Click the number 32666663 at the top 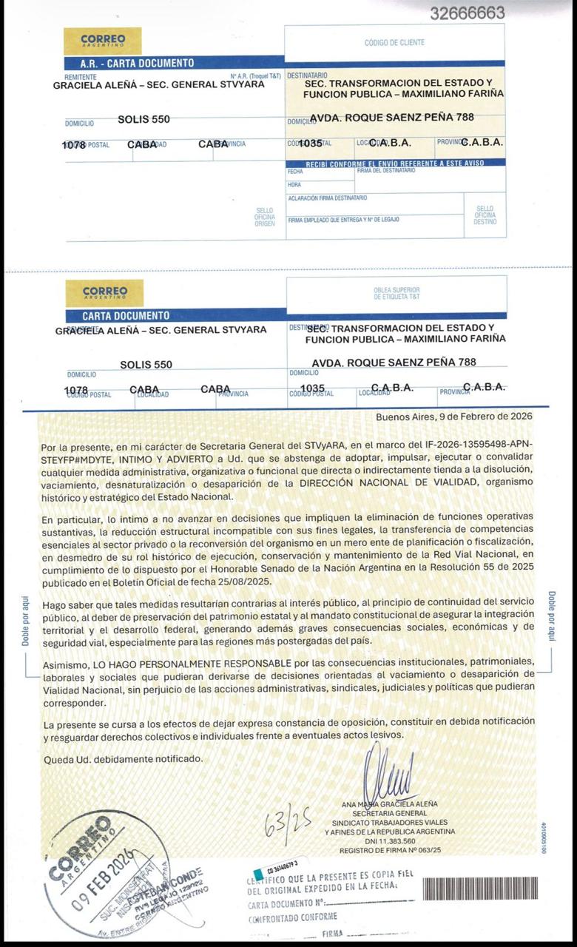pos(467,13)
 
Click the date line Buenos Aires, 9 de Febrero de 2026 pos(453,417)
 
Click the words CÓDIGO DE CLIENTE pos(394,43)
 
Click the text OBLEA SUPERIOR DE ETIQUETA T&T pos(397,293)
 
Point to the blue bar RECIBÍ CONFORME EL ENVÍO pos(395,162)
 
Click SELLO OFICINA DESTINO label pos(485,215)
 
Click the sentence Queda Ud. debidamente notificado pos(122,758)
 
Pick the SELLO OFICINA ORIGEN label pos(264,217)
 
